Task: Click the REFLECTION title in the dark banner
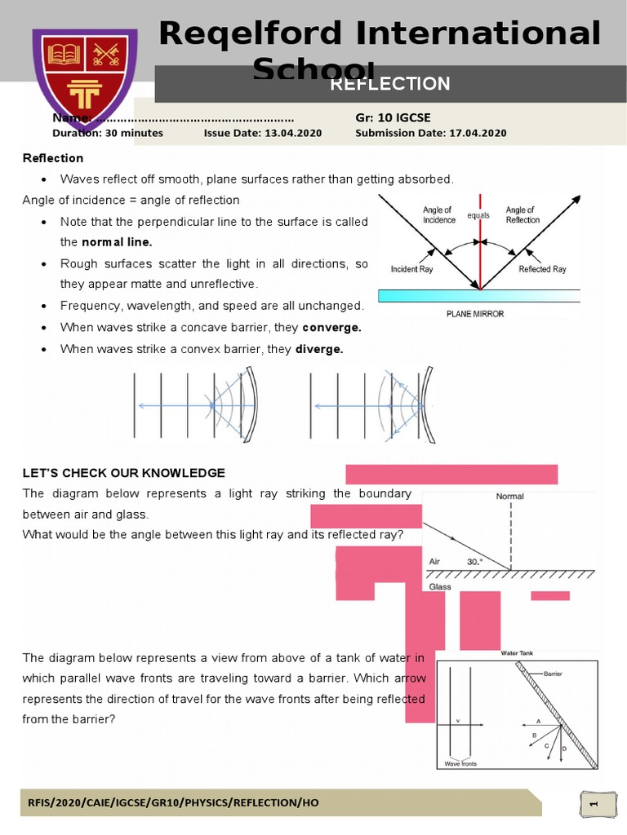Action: (389, 84)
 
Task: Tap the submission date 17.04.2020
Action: (477, 133)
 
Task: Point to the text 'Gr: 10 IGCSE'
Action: (393, 118)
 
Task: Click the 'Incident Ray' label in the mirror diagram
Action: (411, 269)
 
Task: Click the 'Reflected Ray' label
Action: (542, 269)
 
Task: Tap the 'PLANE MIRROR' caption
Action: (474, 313)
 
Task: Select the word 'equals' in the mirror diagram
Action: (478, 215)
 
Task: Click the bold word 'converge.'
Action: (331, 327)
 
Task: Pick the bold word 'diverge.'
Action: (319, 349)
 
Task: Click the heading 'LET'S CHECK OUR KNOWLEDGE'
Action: (123, 473)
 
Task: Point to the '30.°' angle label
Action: (475, 562)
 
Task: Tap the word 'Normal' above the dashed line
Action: (510, 496)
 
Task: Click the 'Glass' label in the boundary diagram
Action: (440, 586)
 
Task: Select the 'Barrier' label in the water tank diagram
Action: (554, 674)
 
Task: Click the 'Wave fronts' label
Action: (460, 764)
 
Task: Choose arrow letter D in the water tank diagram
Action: (564, 749)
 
